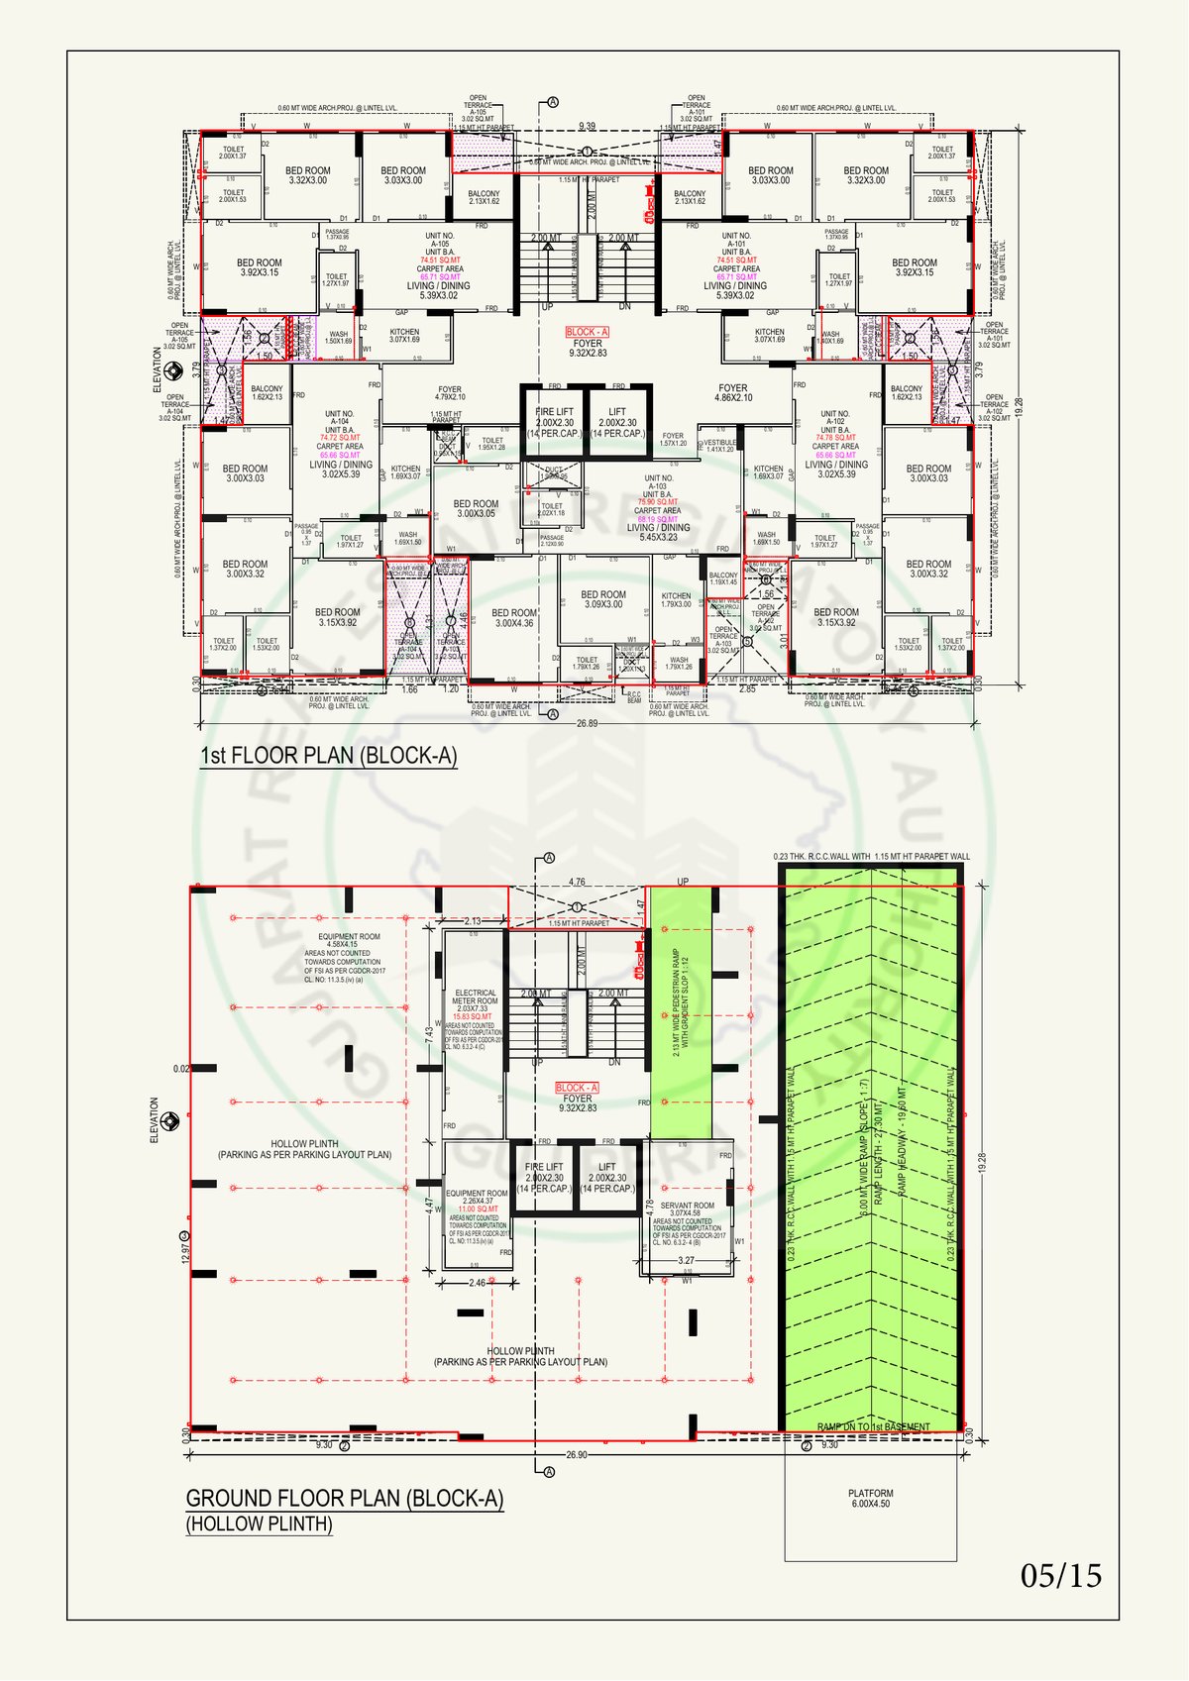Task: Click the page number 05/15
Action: [1061, 1575]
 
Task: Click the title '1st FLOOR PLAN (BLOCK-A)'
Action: [329, 756]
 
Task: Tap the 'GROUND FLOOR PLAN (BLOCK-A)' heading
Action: [345, 1499]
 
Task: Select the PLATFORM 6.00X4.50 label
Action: [871, 1498]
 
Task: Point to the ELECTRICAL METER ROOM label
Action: [476, 997]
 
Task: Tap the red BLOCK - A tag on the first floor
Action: [588, 332]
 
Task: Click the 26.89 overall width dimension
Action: [588, 724]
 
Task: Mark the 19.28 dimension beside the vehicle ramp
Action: [982, 1165]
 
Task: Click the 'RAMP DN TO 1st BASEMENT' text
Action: [873, 1427]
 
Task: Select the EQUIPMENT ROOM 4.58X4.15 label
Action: [349, 940]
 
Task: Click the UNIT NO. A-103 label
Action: [658, 482]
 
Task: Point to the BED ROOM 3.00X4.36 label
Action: [514, 618]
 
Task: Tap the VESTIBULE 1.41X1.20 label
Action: [720, 446]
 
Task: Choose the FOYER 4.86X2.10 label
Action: [733, 392]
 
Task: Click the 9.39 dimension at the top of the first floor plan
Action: [588, 126]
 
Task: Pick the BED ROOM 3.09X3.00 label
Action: [603, 599]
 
